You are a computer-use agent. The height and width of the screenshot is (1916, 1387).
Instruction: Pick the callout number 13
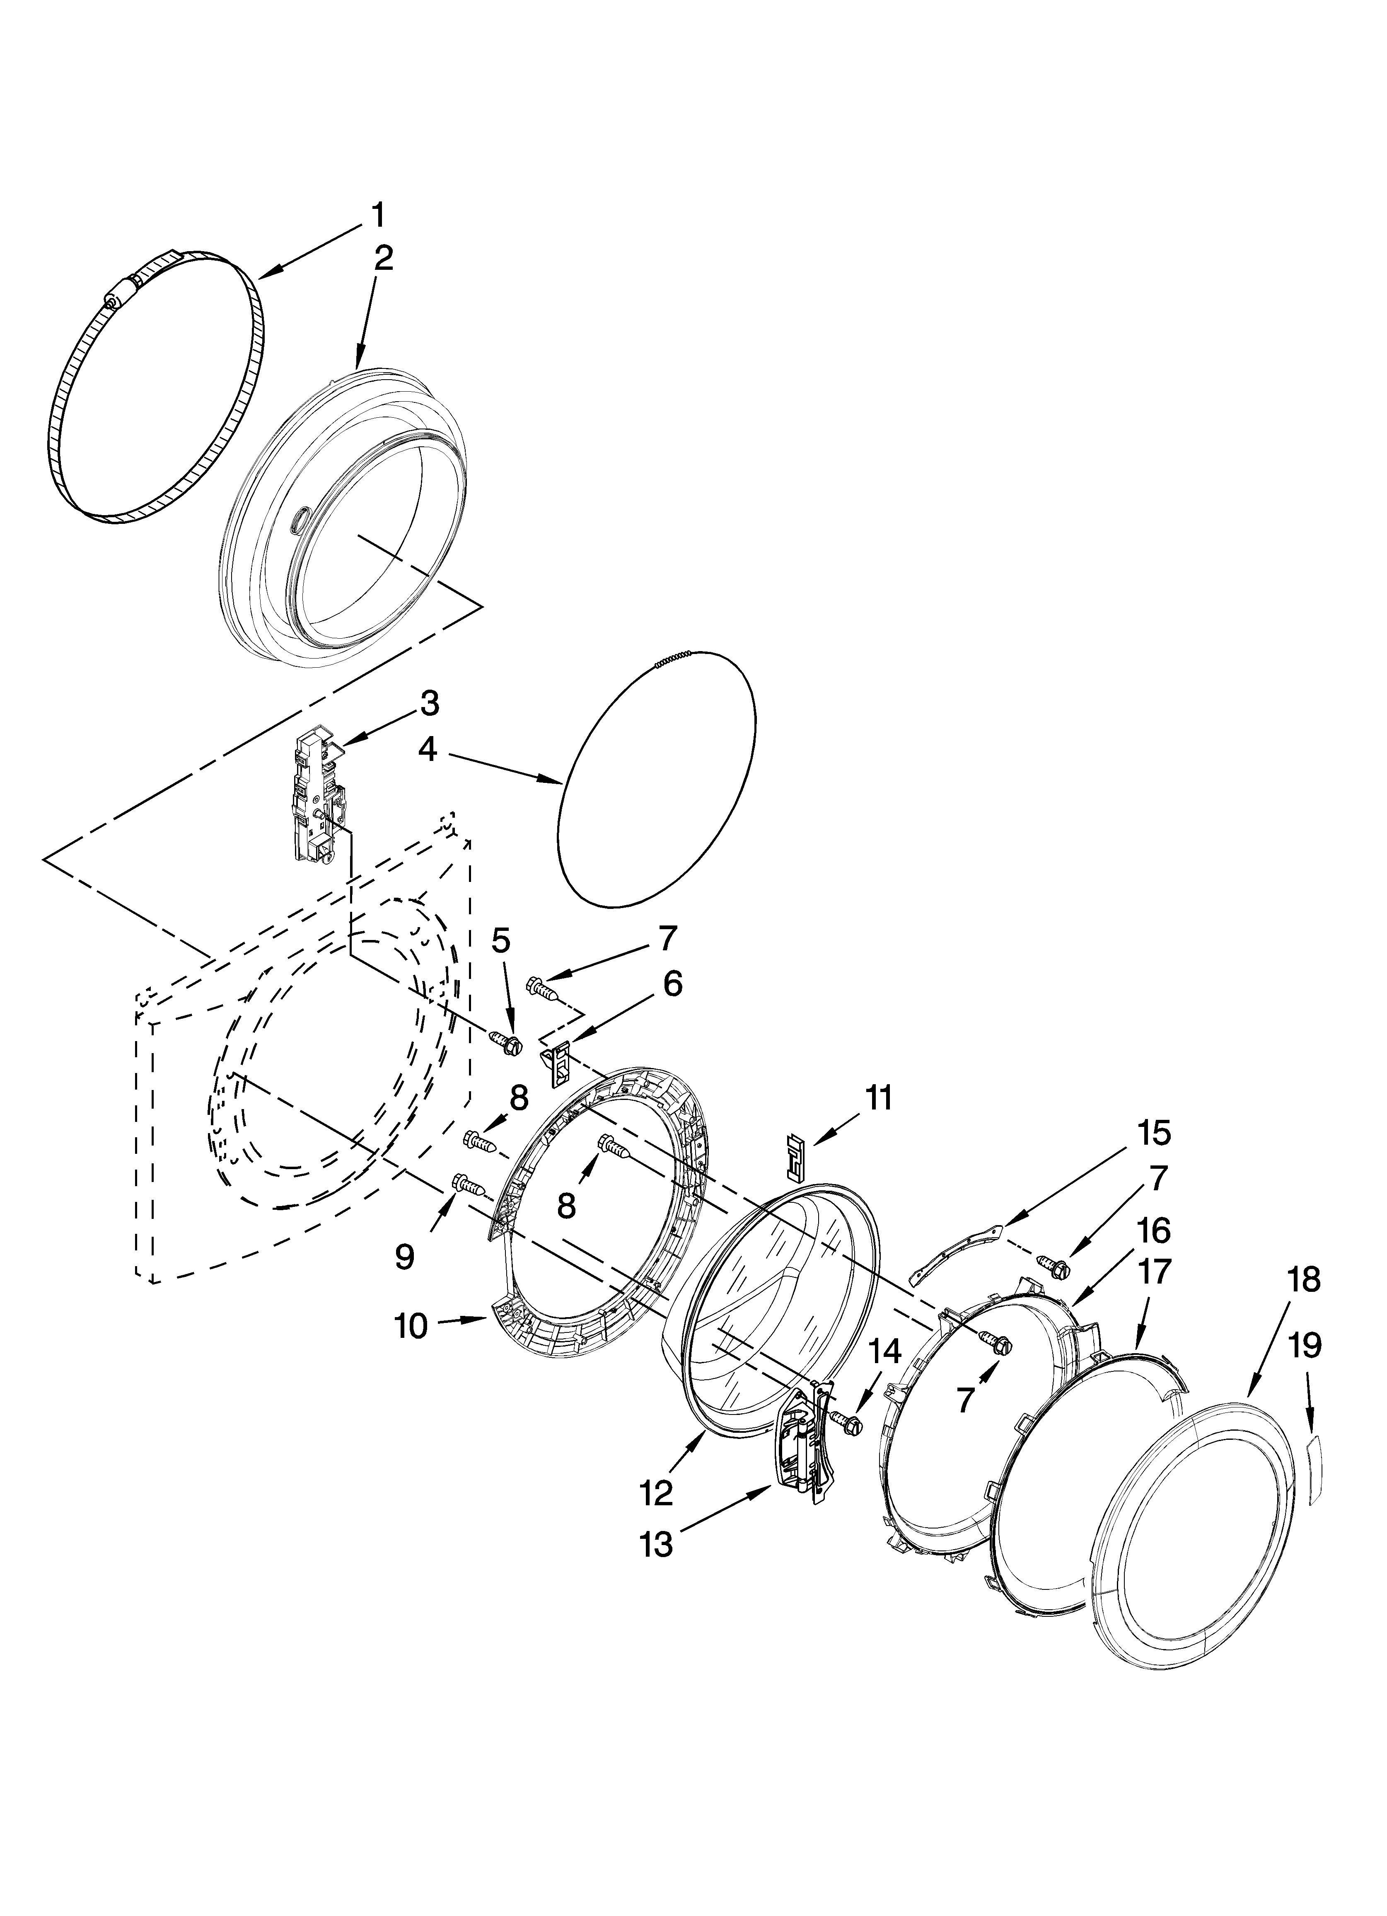coord(656,1544)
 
